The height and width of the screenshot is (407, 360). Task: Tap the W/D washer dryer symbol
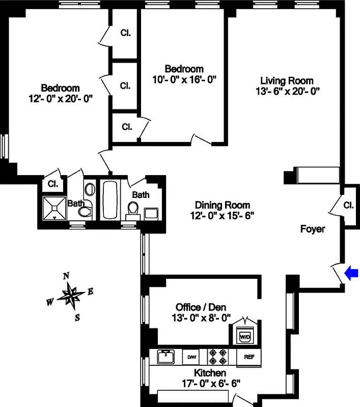click(245, 337)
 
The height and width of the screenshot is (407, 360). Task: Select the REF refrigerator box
click(249, 357)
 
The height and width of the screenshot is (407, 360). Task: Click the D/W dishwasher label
click(192, 357)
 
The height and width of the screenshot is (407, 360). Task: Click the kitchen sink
click(165, 356)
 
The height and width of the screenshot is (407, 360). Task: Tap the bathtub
click(110, 198)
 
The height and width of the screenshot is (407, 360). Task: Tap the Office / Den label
click(201, 307)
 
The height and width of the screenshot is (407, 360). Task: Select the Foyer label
click(312, 229)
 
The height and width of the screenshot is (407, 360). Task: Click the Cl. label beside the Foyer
click(348, 206)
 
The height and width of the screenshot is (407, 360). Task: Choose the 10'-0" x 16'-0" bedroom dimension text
click(184, 79)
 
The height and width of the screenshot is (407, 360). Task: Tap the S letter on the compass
click(77, 318)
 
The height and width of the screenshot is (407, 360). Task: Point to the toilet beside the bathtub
click(133, 209)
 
